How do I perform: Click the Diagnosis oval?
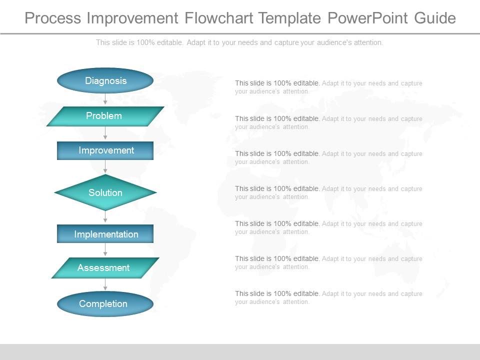105,80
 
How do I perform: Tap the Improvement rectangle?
105,150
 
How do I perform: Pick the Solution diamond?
105,192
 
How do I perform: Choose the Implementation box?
105,234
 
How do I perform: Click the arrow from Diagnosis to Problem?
105,99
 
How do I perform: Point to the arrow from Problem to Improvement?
105,133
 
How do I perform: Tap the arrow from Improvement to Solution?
105,167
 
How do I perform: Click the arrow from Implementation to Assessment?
105,250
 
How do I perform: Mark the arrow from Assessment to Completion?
105,284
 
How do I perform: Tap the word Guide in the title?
435,18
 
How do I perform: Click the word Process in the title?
53,18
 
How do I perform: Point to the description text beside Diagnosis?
328,87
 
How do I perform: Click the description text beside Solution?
328,192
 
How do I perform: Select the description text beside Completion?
328,297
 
